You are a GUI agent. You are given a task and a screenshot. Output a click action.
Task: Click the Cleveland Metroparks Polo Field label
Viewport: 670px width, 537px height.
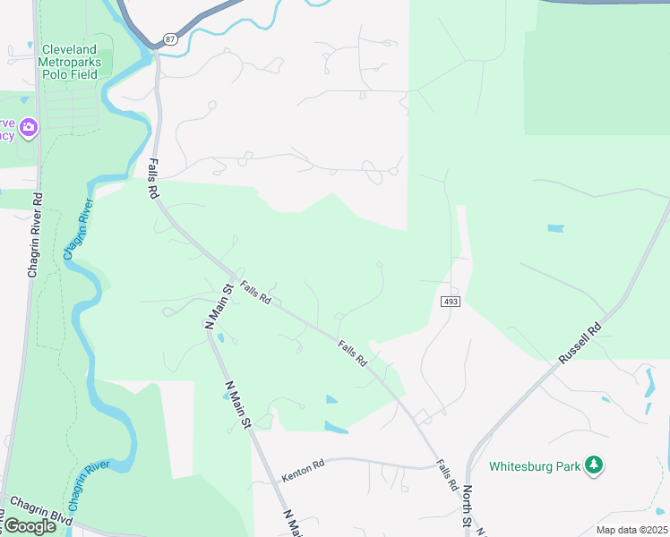[x=70, y=64]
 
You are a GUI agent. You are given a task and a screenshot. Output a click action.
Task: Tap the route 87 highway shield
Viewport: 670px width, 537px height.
[x=171, y=39]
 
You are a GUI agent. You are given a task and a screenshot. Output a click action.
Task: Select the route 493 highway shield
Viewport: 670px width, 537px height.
[x=451, y=303]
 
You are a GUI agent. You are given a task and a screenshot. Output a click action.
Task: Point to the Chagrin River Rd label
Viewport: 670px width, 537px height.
[x=35, y=234]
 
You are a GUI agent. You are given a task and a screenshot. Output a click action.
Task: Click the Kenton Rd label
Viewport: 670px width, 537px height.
[x=302, y=467]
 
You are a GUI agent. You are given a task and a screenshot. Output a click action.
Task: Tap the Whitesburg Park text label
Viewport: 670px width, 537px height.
[x=534, y=466]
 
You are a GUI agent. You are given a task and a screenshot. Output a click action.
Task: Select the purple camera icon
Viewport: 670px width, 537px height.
[x=29, y=128]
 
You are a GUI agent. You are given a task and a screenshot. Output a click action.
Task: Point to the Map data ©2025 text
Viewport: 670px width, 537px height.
[x=631, y=530]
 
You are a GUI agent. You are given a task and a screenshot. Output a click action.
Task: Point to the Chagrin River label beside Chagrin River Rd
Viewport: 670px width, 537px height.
[x=78, y=230]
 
